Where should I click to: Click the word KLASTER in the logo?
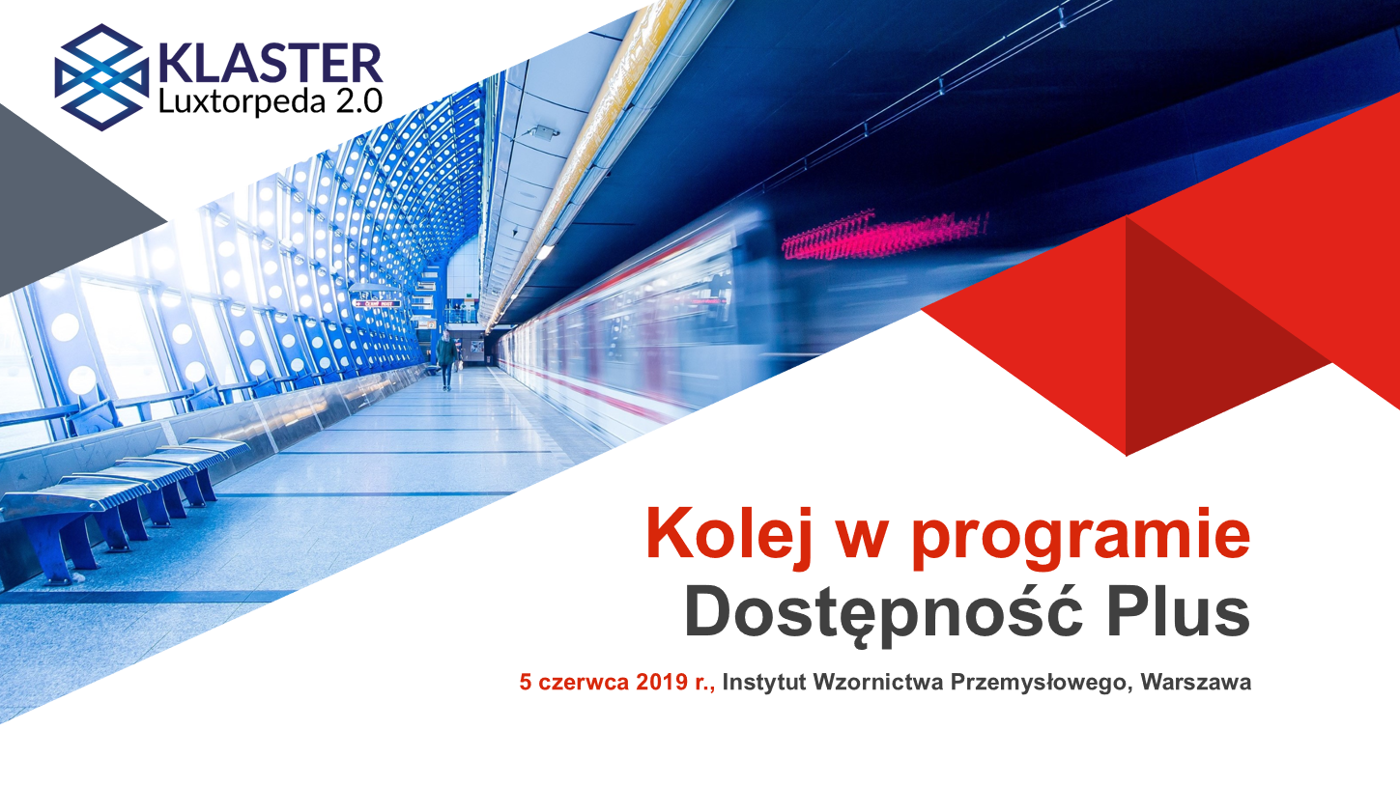[x=270, y=63]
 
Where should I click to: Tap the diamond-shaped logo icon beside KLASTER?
[x=101, y=77]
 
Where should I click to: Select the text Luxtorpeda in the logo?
[x=242, y=101]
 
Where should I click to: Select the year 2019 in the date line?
[x=663, y=682]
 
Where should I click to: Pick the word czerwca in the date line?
[x=584, y=683]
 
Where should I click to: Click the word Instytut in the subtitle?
[x=764, y=682]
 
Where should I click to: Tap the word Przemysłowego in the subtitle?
[x=1042, y=683]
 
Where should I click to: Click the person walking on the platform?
[x=445, y=360]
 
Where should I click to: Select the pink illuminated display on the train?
[x=884, y=236]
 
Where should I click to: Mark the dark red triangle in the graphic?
[x=1225, y=337]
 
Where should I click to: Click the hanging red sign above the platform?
[x=377, y=303]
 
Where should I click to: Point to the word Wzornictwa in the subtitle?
[x=878, y=682]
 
